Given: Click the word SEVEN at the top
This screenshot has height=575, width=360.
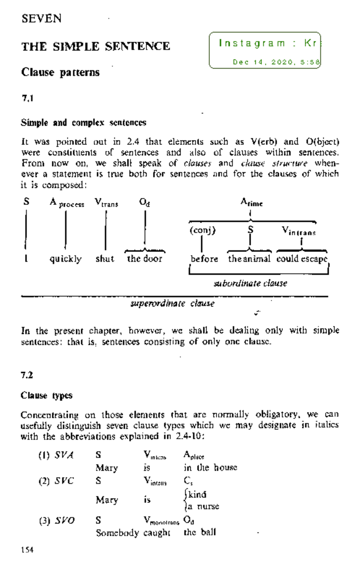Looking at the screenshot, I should coord(41,19).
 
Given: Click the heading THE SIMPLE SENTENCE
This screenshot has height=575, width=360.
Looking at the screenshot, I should coord(95,47).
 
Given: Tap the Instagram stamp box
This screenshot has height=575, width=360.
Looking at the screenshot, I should coord(265,50).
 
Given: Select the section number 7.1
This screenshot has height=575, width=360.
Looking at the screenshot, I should coord(27,98).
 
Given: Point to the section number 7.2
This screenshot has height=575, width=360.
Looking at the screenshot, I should coord(27,375).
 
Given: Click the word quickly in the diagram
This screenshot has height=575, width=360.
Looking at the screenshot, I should coord(65,259).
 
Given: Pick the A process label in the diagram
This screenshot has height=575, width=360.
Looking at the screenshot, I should coord(67,203).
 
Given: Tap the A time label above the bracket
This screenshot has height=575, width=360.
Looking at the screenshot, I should coord(251,202).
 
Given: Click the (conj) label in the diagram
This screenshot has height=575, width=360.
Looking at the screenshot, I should coord(202,230).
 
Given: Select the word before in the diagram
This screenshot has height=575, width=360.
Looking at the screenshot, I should coord(204,259).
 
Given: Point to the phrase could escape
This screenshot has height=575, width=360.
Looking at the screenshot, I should coord(301,259).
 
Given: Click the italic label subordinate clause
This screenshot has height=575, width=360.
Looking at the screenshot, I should coord(250,283).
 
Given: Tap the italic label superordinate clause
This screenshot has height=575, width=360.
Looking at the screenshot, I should coord(172,303).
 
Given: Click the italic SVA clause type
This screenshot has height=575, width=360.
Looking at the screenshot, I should coord(64,455).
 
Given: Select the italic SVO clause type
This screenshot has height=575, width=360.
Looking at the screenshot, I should coord(64,520).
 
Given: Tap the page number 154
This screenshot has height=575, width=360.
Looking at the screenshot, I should coord(27,550).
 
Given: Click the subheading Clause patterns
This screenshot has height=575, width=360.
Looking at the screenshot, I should coord(60,72).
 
